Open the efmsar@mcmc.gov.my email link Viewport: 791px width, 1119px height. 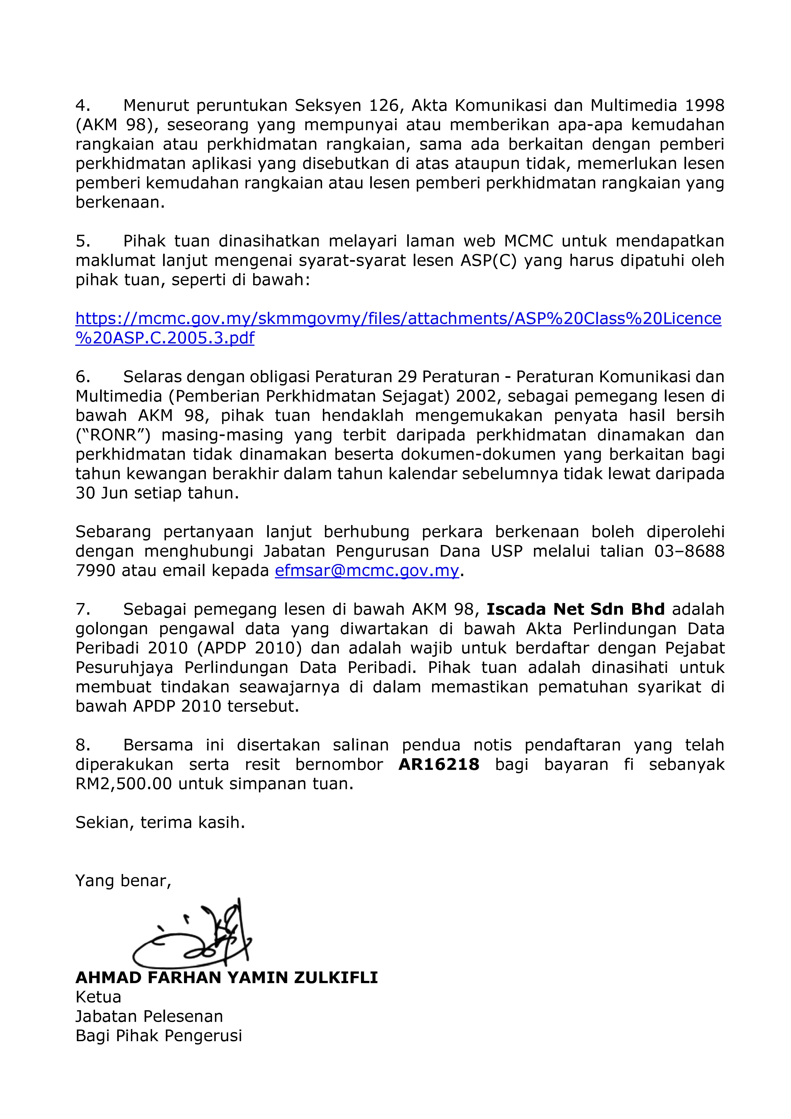(x=367, y=570)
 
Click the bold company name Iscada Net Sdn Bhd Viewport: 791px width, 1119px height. (x=575, y=609)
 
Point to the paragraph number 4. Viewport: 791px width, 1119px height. (x=83, y=105)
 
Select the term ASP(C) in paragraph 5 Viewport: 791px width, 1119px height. (x=488, y=261)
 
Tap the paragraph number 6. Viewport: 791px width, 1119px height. (x=83, y=377)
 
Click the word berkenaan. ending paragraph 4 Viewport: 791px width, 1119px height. (x=120, y=202)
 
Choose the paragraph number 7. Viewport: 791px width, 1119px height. (x=83, y=609)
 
